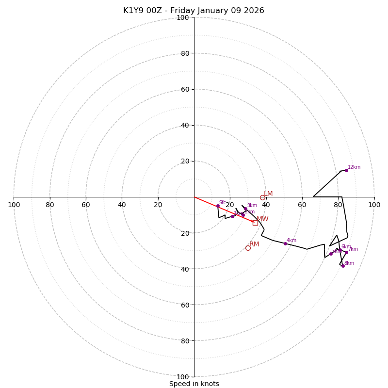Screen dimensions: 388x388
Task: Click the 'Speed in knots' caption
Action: point(194,384)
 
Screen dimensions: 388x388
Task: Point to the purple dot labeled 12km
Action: point(346,170)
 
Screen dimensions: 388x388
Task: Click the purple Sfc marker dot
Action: point(218,206)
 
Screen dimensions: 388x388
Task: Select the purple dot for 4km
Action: point(285,243)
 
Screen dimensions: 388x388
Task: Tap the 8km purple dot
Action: point(343,266)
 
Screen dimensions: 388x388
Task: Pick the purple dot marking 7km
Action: point(346,252)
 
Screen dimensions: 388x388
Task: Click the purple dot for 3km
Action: point(245,209)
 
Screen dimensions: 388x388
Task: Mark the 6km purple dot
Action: point(340,250)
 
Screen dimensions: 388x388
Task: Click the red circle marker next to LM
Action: point(262,197)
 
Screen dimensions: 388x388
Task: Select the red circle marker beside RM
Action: point(248,248)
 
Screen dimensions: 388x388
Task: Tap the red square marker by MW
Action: point(255,223)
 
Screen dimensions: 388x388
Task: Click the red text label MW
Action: point(262,219)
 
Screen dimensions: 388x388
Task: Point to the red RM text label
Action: point(254,244)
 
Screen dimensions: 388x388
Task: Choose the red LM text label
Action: point(268,194)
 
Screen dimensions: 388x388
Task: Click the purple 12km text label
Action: point(354,167)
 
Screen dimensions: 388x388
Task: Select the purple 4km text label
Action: point(291,241)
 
